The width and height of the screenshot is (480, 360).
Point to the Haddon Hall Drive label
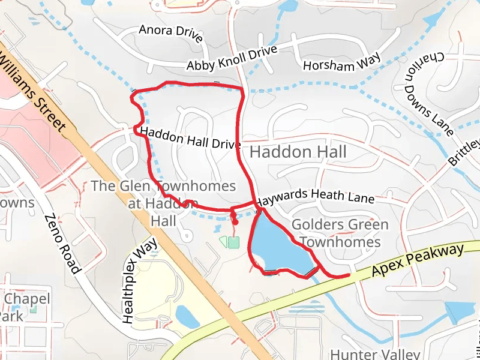tap(190, 138)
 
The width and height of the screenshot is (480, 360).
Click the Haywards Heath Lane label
tap(314, 196)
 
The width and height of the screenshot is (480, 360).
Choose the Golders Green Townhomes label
tap(340, 233)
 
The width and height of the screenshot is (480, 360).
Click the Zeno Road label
tap(61, 244)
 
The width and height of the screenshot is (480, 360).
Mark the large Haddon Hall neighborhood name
tap(298, 152)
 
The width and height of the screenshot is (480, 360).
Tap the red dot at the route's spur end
tap(235, 223)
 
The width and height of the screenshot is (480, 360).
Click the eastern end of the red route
tap(348, 275)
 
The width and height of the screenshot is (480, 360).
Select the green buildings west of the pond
tap(229, 242)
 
